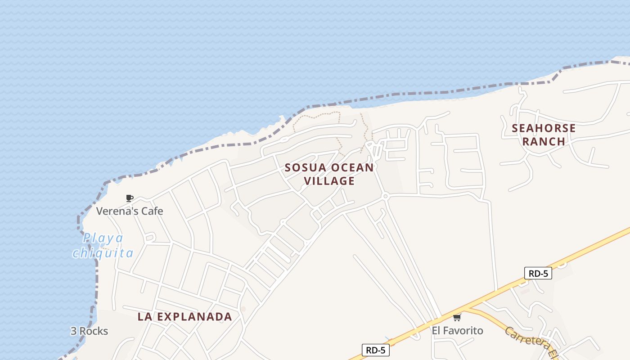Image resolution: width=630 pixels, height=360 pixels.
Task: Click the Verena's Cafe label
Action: [x=130, y=211]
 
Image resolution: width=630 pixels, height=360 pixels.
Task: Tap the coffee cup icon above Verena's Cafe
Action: [x=130, y=198]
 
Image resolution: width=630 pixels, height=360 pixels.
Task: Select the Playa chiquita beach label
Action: [x=103, y=246]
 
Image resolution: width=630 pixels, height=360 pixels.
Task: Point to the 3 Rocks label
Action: [x=89, y=331]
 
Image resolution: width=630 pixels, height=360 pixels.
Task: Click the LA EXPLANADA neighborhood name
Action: [x=185, y=317]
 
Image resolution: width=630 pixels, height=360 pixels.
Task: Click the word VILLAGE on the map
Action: [x=329, y=181]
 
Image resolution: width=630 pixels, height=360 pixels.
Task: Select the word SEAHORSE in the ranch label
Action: [x=544, y=128]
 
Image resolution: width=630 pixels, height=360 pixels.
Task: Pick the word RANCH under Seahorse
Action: [x=544, y=141]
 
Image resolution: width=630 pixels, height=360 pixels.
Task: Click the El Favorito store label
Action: [x=457, y=331]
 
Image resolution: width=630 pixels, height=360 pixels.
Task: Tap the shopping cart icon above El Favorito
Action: [x=457, y=318]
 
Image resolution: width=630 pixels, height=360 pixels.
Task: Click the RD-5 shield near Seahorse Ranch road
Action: [x=538, y=273]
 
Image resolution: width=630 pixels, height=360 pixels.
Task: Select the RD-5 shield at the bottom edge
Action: [x=375, y=350]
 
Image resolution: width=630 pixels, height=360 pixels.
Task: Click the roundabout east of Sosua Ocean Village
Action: [x=385, y=196]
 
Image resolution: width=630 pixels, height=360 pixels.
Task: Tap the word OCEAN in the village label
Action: [x=352, y=168]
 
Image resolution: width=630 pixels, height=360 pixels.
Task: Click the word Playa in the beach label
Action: [x=103, y=238]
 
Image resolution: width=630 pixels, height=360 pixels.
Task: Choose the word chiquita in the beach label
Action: [x=103, y=253]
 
